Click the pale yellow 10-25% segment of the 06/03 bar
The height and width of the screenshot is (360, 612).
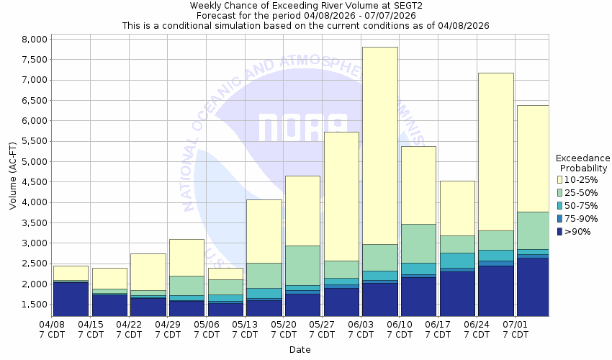379,144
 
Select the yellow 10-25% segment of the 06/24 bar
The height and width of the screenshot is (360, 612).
495,151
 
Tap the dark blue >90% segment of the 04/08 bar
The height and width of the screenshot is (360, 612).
71,298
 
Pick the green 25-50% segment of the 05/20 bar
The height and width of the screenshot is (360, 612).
302,265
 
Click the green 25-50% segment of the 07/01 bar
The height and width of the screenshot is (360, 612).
534,230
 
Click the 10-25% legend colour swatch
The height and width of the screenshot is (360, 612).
561,179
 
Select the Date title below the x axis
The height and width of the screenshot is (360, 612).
300,350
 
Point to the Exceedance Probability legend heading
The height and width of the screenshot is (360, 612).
583,163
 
